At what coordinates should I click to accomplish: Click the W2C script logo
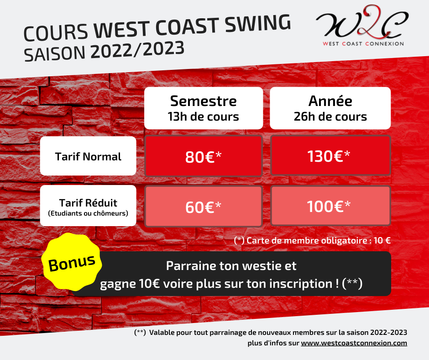[x=362, y=22]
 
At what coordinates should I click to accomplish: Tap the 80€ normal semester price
[x=203, y=156]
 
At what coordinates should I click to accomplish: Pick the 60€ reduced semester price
[x=203, y=206]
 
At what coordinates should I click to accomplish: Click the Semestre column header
[x=204, y=108]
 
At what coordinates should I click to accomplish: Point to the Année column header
[x=330, y=108]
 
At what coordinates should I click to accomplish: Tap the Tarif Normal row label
[x=88, y=156]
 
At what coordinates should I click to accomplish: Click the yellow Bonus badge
[x=72, y=262]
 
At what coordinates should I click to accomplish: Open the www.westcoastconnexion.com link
[x=354, y=343]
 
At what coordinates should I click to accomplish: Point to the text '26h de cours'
[x=330, y=116]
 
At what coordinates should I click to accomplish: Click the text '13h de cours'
[x=203, y=116]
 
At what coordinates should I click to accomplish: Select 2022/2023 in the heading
[x=137, y=50]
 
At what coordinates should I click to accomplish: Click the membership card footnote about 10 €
[x=312, y=241]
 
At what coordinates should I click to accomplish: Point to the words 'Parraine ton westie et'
[x=231, y=266]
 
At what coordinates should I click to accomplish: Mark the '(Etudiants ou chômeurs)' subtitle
[x=88, y=213]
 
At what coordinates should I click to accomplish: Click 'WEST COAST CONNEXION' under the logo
[x=363, y=44]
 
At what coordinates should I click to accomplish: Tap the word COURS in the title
[x=56, y=32]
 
